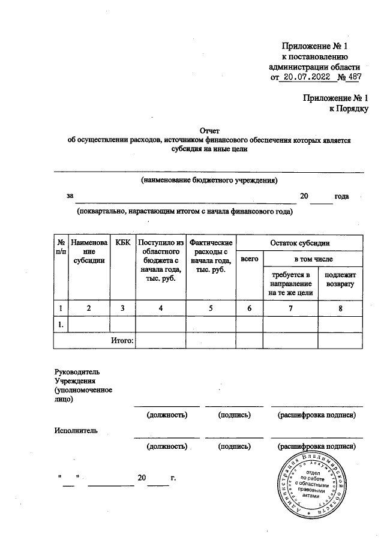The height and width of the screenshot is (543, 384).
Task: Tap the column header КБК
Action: click(x=122, y=242)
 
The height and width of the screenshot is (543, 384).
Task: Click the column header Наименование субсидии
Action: click(x=89, y=251)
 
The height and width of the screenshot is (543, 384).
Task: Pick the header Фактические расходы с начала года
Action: click(x=211, y=256)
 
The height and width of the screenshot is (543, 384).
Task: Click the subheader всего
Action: click(x=249, y=259)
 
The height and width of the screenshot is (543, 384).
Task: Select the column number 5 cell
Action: click(x=211, y=308)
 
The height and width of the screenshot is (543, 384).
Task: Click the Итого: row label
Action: click(x=124, y=340)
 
